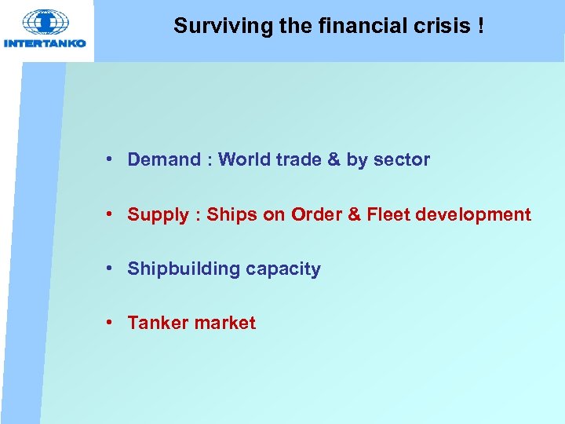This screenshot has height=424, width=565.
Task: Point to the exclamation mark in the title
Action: click(x=478, y=26)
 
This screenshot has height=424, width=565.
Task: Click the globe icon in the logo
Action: click(x=46, y=22)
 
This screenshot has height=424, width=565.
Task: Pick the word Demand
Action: click(x=164, y=159)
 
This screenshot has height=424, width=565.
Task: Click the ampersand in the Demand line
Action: click(x=334, y=159)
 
